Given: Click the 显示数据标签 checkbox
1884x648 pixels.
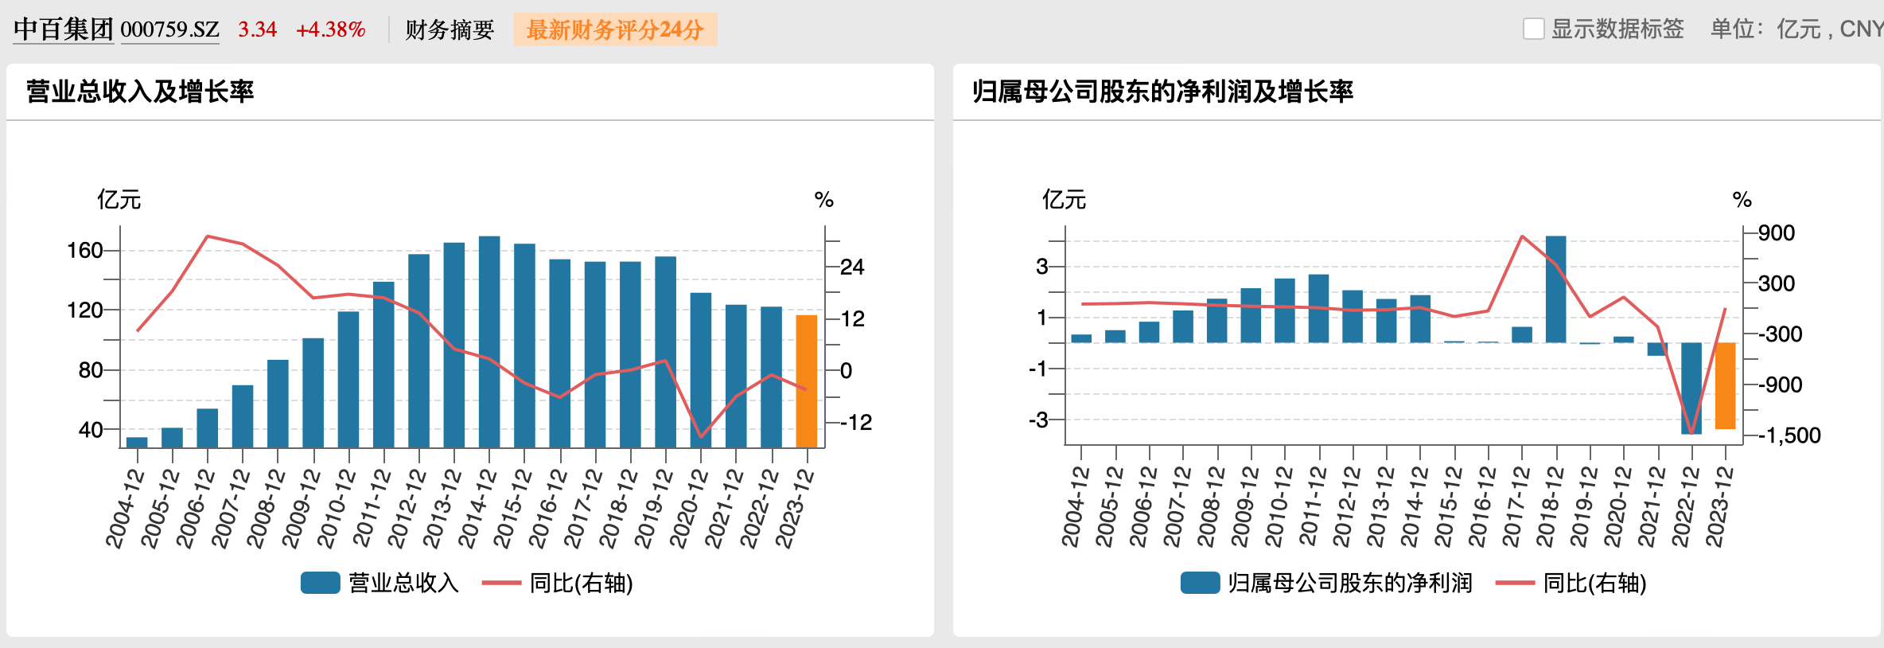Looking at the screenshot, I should [1533, 29].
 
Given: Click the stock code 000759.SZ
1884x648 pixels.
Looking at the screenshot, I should [169, 30].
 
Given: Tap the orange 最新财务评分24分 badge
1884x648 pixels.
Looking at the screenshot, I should [615, 30].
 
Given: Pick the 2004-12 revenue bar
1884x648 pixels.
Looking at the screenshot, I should [137, 442].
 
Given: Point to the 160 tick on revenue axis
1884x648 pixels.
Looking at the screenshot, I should [85, 251].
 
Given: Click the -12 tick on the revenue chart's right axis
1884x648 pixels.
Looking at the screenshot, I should [856, 423].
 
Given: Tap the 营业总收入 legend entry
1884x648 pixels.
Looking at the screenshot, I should [380, 583].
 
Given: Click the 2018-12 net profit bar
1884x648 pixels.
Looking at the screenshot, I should [1555, 289].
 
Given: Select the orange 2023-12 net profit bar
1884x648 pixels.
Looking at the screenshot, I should [1725, 385].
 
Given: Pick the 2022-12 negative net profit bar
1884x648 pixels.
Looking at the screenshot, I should [1691, 388].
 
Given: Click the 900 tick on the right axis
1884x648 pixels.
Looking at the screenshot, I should [1776, 233].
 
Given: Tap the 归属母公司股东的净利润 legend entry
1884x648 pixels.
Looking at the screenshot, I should [1326, 583].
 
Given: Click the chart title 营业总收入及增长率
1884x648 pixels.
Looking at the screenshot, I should [140, 92].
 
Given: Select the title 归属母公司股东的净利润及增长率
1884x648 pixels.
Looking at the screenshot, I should [1162, 92].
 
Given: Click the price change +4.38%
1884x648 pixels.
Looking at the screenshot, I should [330, 30].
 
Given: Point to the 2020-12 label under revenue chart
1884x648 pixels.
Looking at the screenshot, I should [689, 509].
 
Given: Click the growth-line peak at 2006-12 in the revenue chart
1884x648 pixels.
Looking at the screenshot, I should [207, 236].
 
